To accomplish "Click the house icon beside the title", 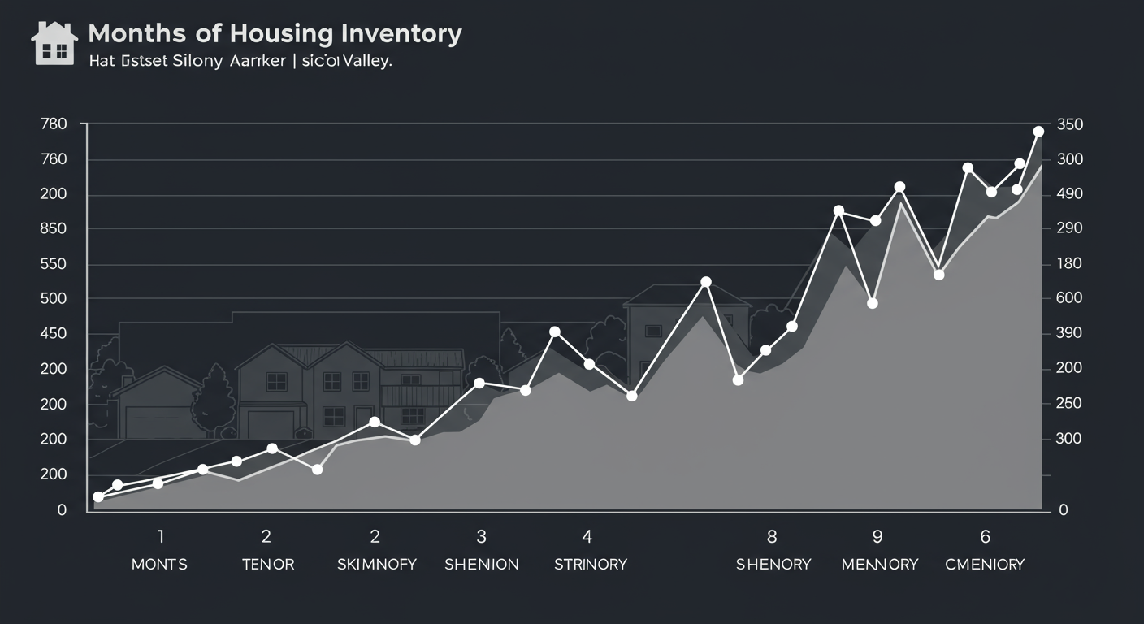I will click(x=54, y=42).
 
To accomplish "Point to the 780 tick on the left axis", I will click(x=53, y=124).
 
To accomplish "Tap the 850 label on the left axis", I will click(x=53, y=229).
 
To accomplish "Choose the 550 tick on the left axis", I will click(x=53, y=264).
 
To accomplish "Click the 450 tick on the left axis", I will click(x=53, y=334).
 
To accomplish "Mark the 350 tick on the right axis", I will click(x=1070, y=124).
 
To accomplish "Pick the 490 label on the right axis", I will click(x=1070, y=194).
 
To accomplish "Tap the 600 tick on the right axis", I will click(x=1070, y=298).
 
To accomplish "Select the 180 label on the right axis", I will click(x=1070, y=264).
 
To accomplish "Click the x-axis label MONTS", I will click(x=159, y=564).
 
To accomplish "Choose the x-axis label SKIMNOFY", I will click(x=376, y=564).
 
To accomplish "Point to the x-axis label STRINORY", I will click(x=590, y=564).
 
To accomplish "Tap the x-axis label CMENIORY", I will click(x=985, y=564).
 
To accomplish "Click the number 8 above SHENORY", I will click(x=771, y=536).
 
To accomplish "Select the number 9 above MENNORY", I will click(x=877, y=536).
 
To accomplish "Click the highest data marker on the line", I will click(x=1038, y=132).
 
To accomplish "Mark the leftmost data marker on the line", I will click(x=98, y=497).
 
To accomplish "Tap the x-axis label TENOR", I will click(x=267, y=564).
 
